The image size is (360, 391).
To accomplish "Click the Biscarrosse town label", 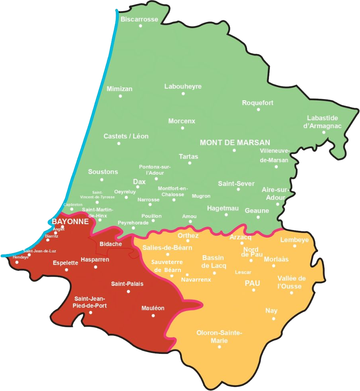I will pyautogui.click(x=139, y=19).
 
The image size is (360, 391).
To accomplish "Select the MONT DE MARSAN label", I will pyautogui.click(x=235, y=143).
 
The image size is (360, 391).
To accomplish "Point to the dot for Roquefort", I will pyautogui.click(x=258, y=109).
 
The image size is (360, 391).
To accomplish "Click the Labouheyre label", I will pyautogui.click(x=183, y=86).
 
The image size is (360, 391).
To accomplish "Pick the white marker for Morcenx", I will pyautogui.click(x=182, y=128).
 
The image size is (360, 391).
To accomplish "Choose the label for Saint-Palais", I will pyautogui.click(x=127, y=284).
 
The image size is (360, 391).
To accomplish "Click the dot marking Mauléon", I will pyautogui.click(x=153, y=316).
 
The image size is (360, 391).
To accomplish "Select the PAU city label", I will pyautogui.click(x=252, y=283).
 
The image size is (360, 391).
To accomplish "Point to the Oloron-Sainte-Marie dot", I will pyautogui.click(x=219, y=347).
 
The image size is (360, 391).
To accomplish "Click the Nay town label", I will pyautogui.click(x=271, y=311).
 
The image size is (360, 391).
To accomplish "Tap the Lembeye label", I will pyautogui.click(x=295, y=240).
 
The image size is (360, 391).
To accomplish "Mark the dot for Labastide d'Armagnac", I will pyautogui.click(x=324, y=132).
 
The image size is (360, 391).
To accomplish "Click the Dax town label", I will pyautogui.click(x=139, y=182).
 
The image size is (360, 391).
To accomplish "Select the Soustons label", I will pyautogui.click(x=103, y=172).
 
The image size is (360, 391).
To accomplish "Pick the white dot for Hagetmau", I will pyautogui.click(x=226, y=214).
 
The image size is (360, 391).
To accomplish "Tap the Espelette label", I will pyautogui.click(x=65, y=263).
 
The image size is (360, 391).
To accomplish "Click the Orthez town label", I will pyautogui.click(x=188, y=235).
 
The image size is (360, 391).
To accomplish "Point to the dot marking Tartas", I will pyautogui.click(x=190, y=163).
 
